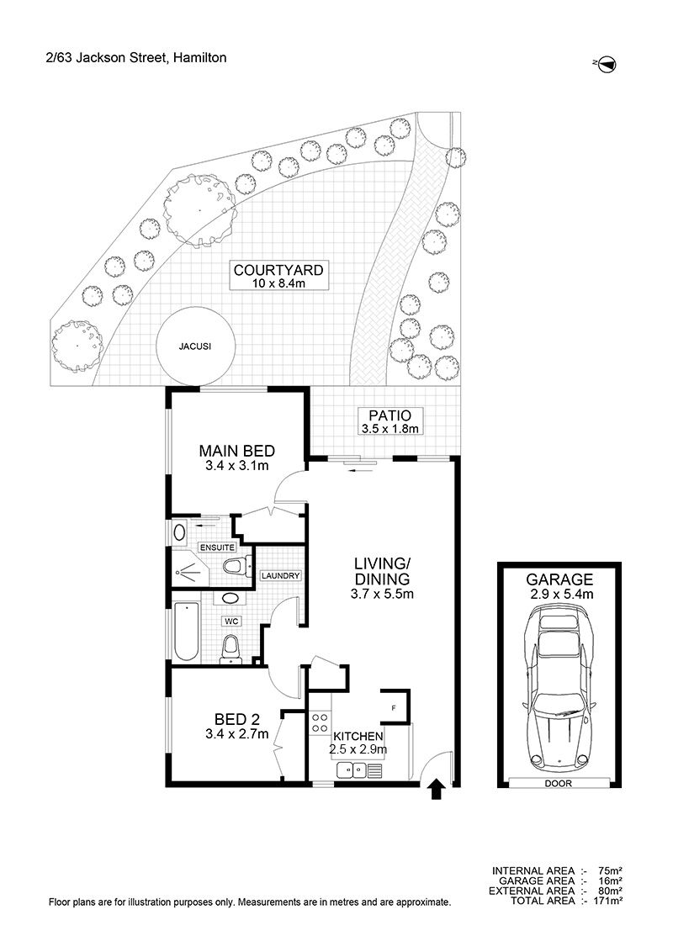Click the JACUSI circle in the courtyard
(195, 346)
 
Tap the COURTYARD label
(278, 270)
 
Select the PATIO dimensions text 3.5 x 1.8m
(390, 429)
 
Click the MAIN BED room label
(237, 451)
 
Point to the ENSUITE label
(217, 547)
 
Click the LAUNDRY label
(280, 575)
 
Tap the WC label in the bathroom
(231, 621)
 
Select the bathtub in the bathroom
(187, 632)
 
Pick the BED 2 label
(237, 719)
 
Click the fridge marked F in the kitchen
(393, 706)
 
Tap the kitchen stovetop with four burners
(321, 724)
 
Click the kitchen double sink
(352, 770)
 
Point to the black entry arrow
(437, 790)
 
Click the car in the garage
(559, 689)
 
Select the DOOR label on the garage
(559, 783)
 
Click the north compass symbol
(607, 65)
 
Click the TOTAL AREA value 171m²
(607, 901)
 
